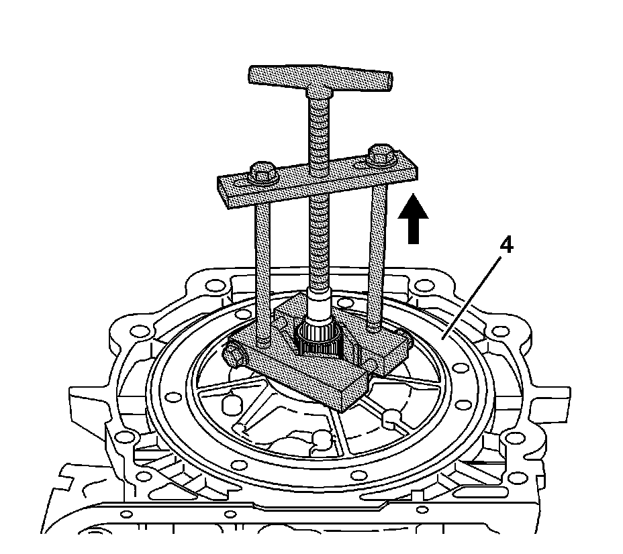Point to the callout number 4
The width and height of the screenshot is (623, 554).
tap(507, 246)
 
